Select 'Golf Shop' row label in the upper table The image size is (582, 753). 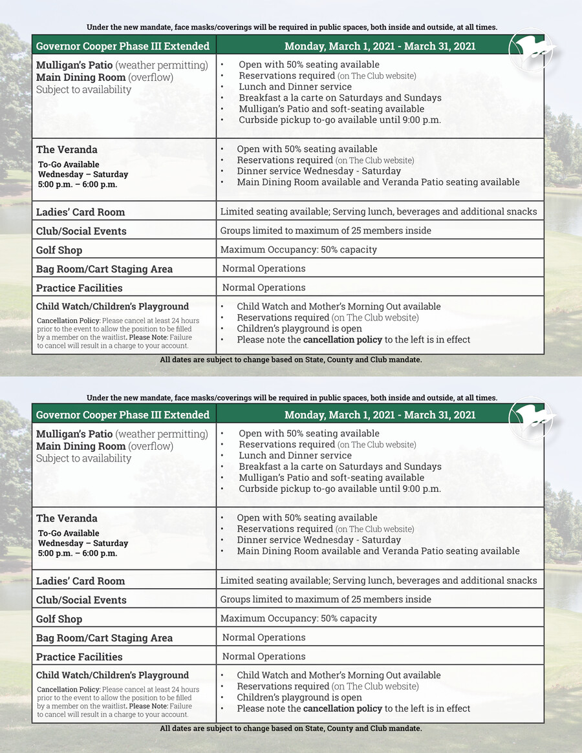click(x=59, y=250)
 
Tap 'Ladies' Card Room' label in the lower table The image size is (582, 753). click(x=80, y=580)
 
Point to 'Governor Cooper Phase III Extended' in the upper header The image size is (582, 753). click(x=123, y=46)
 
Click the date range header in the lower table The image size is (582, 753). click(x=380, y=415)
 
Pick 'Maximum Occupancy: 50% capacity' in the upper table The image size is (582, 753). click(x=298, y=249)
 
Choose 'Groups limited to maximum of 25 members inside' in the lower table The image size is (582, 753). click(x=325, y=599)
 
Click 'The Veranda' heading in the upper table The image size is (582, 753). click(x=67, y=149)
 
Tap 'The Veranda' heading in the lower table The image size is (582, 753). click(x=67, y=518)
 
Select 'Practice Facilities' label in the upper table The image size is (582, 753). click(x=79, y=288)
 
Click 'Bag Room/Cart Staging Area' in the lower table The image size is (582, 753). click(x=104, y=638)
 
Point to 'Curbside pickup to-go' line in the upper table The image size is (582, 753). click(x=339, y=120)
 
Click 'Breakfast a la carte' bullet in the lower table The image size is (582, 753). click(x=339, y=467)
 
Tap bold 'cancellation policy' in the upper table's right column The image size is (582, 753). click(x=342, y=339)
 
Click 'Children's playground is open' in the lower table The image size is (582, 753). click(x=299, y=697)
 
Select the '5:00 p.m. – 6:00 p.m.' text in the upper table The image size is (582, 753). click(x=78, y=184)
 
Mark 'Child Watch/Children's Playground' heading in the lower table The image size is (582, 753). click(x=113, y=675)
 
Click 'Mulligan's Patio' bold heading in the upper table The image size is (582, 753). click(x=74, y=65)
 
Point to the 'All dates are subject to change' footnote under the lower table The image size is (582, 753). click(x=291, y=728)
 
